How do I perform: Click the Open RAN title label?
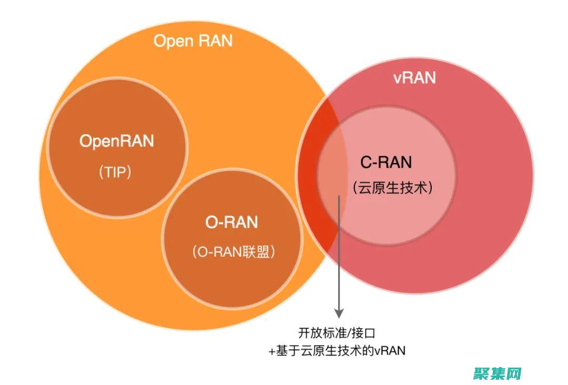pos(192,41)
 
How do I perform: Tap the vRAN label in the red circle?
pos(414,78)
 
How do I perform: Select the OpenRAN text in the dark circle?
pos(117,141)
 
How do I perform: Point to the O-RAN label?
pos(231,222)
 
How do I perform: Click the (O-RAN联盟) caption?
pos(234,252)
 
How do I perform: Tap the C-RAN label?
pos(386,162)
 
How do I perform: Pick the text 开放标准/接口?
pos(337,333)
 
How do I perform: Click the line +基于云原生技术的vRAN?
pos(337,351)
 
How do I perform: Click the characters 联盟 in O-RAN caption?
pos(260,252)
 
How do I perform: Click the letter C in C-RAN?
pos(366,162)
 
